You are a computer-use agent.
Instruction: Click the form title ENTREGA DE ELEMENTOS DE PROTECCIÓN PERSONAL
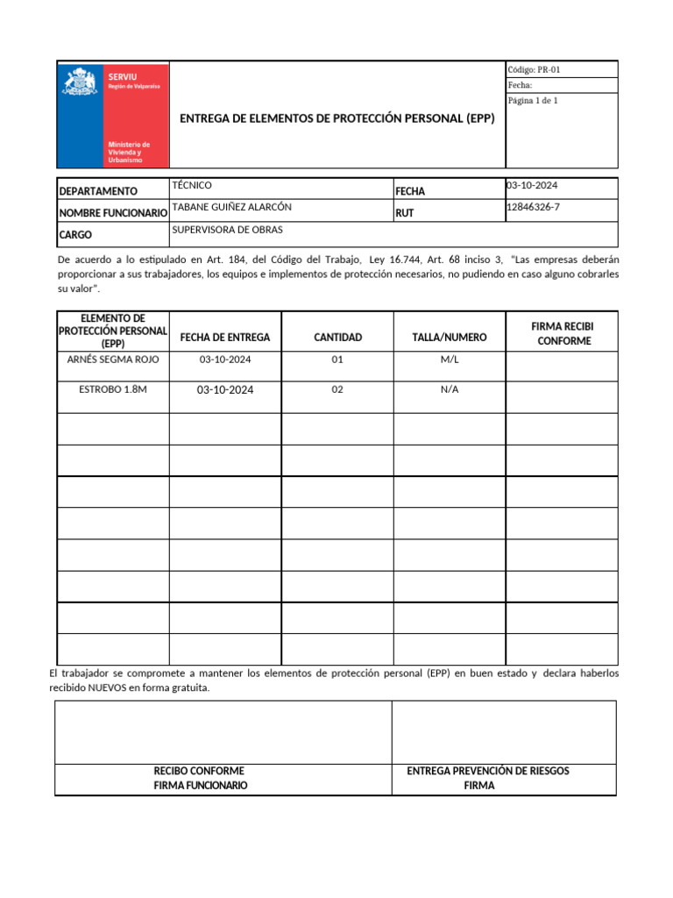point(336,118)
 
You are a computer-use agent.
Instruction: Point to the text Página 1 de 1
point(533,101)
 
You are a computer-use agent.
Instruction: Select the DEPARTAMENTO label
point(98,191)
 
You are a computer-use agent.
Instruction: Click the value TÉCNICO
point(192,185)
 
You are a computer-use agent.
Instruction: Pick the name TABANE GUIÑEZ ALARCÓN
point(232,207)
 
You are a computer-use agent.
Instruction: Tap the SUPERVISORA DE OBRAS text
point(228,230)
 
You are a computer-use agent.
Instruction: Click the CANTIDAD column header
point(337,338)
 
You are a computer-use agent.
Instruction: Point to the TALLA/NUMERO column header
point(450,338)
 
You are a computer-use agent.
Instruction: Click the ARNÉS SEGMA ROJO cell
point(112,360)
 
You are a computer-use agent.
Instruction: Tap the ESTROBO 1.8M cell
point(112,389)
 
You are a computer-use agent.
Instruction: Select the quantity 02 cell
point(337,390)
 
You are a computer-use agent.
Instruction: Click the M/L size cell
point(450,360)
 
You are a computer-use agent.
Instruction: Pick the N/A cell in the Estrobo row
point(450,390)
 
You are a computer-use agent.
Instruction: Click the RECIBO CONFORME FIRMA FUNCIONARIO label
point(200,778)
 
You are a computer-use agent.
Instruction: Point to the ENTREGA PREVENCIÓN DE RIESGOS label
point(488,771)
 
